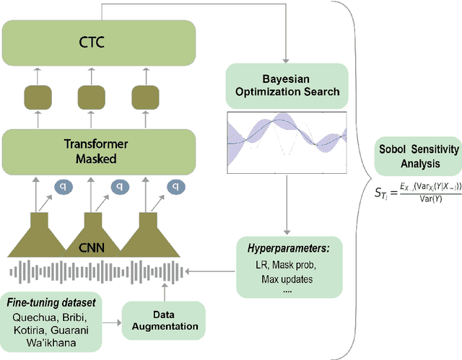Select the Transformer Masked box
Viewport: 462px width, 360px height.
point(89,149)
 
